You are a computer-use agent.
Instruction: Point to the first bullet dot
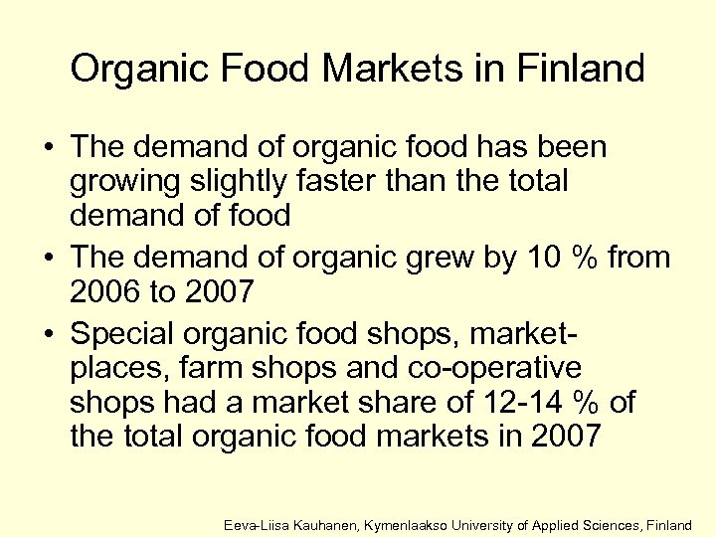[48, 148]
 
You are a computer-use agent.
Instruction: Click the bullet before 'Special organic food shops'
[48, 331]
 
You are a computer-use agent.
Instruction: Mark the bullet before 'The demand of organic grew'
[48, 259]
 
